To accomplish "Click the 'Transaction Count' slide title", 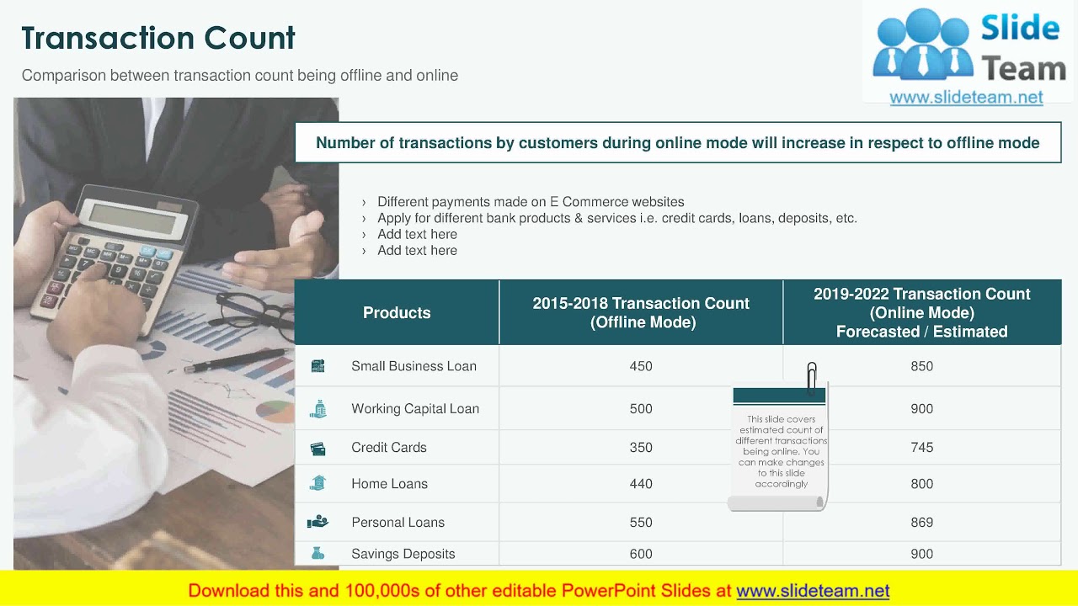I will click(x=158, y=38).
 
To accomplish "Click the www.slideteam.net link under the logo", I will click(x=966, y=98).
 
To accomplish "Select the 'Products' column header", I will click(x=397, y=313).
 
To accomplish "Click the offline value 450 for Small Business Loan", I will click(x=641, y=366).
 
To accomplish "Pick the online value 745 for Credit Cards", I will click(x=921, y=448).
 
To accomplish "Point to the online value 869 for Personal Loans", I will click(x=921, y=523).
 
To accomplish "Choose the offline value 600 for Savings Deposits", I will click(x=641, y=554).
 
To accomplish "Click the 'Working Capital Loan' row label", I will click(x=415, y=409).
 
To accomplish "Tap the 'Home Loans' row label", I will click(x=389, y=484).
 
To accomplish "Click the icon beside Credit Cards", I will click(x=318, y=449).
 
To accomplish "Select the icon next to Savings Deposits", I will click(x=318, y=554).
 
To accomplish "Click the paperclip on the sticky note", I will click(x=812, y=376).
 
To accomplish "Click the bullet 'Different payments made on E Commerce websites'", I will click(x=531, y=202).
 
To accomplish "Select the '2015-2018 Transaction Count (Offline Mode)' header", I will click(x=641, y=313).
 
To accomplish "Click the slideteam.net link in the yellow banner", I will click(x=813, y=591).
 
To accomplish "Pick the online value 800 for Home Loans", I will click(x=921, y=484).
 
